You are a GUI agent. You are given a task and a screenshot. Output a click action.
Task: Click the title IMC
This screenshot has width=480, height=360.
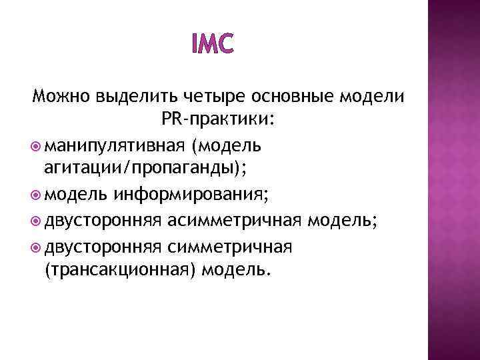pyautogui.click(x=213, y=45)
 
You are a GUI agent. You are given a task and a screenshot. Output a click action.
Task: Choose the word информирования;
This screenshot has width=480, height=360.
pyautogui.click(x=191, y=195)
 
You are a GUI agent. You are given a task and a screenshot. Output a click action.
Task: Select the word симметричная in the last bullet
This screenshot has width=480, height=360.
pyautogui.click(x=230, y=246)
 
